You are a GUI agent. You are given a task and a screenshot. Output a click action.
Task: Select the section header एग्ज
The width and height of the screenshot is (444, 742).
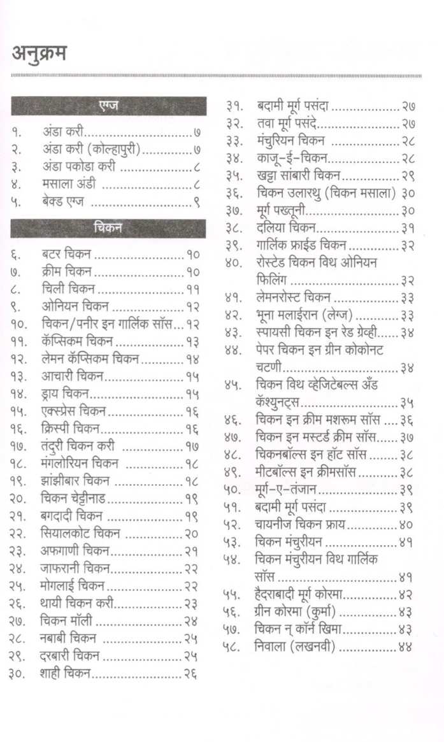pyautogui.click(x=108, y=106)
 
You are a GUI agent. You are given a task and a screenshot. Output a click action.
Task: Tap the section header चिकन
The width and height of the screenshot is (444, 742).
pyautogui.click(x=108, y=227)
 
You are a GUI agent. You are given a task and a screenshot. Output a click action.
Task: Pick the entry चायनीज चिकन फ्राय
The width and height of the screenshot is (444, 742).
pyautogui.click(x=299, y=525)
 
